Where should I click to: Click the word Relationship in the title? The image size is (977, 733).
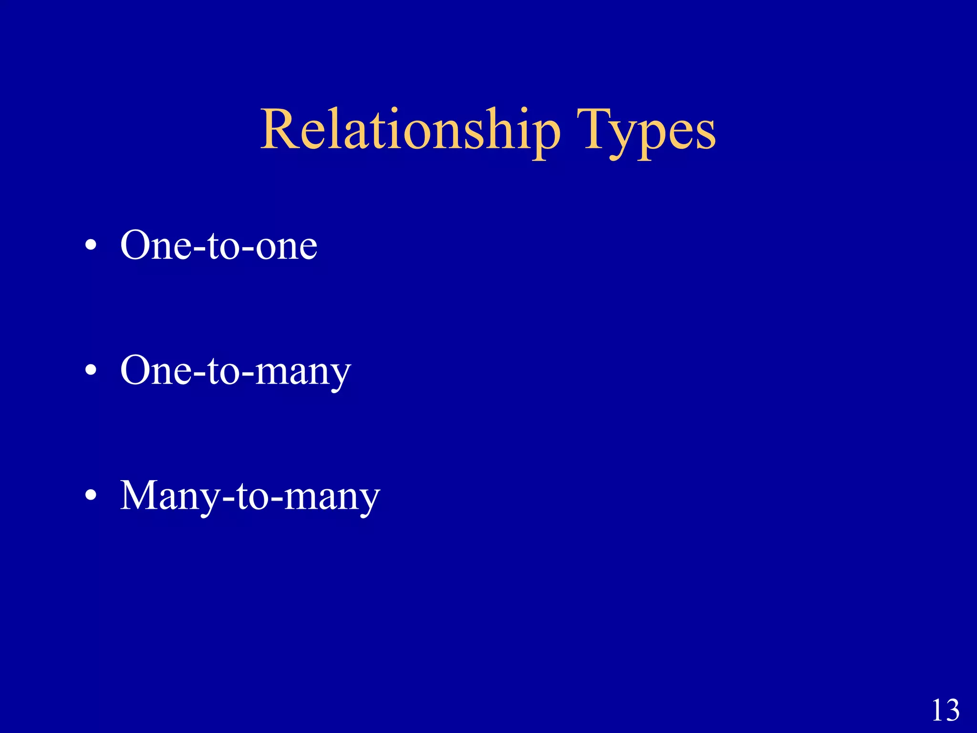tap(410, 130)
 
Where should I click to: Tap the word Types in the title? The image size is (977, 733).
tap(646, 130)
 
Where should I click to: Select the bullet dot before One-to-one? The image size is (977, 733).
tap(91, 246)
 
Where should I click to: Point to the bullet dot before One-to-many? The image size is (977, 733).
tap(91, 371)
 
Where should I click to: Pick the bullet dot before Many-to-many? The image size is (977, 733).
tap(91, 496)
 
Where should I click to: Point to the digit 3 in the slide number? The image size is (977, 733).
tap(952, 711)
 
